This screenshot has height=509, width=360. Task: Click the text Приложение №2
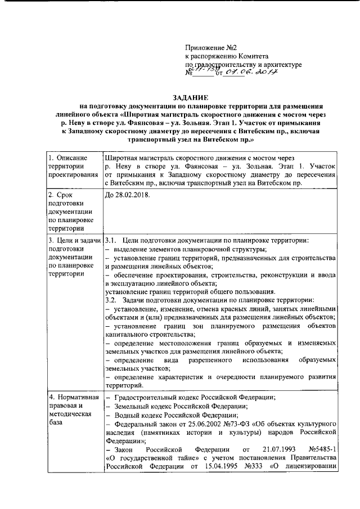click(x=211, y=47)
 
